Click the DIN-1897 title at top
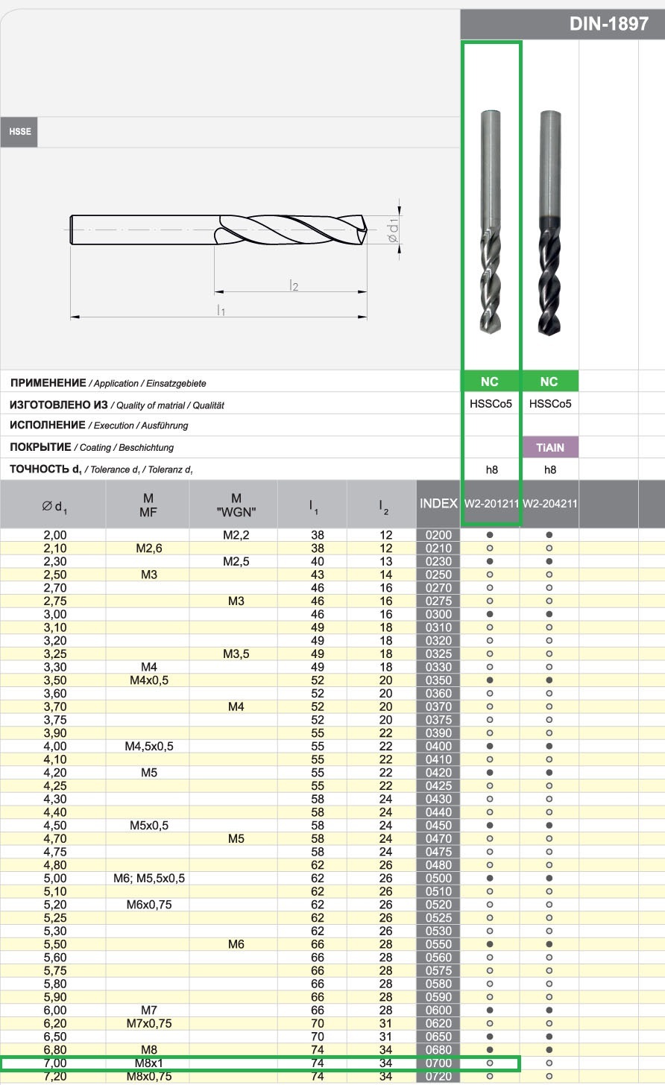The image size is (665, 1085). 608,24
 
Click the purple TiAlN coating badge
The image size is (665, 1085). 549,448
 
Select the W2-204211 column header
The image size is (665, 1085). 549,504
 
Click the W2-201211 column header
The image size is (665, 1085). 491,504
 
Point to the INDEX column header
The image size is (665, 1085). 438,504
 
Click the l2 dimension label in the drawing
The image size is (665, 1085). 293,285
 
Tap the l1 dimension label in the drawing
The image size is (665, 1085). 221,310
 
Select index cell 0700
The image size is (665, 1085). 438,1063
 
